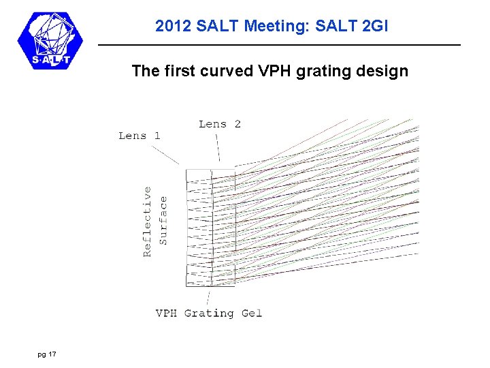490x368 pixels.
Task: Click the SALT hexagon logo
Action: [x=49, y=41]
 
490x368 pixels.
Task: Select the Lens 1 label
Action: [x=140, y=136]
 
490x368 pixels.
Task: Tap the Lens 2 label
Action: [x=220, y=124]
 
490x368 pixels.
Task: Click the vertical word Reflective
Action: [x=148, y=221]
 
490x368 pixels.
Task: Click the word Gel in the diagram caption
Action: [x=251, y=313]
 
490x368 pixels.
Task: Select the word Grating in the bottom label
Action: [x=209, y=313]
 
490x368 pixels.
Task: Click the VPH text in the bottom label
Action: [x=167, y=313]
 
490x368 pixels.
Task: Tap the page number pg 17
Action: [x=47, y=354]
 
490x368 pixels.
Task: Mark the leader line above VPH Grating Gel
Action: [x=208, y=297]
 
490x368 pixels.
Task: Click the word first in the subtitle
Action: [x=180, y=71]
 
